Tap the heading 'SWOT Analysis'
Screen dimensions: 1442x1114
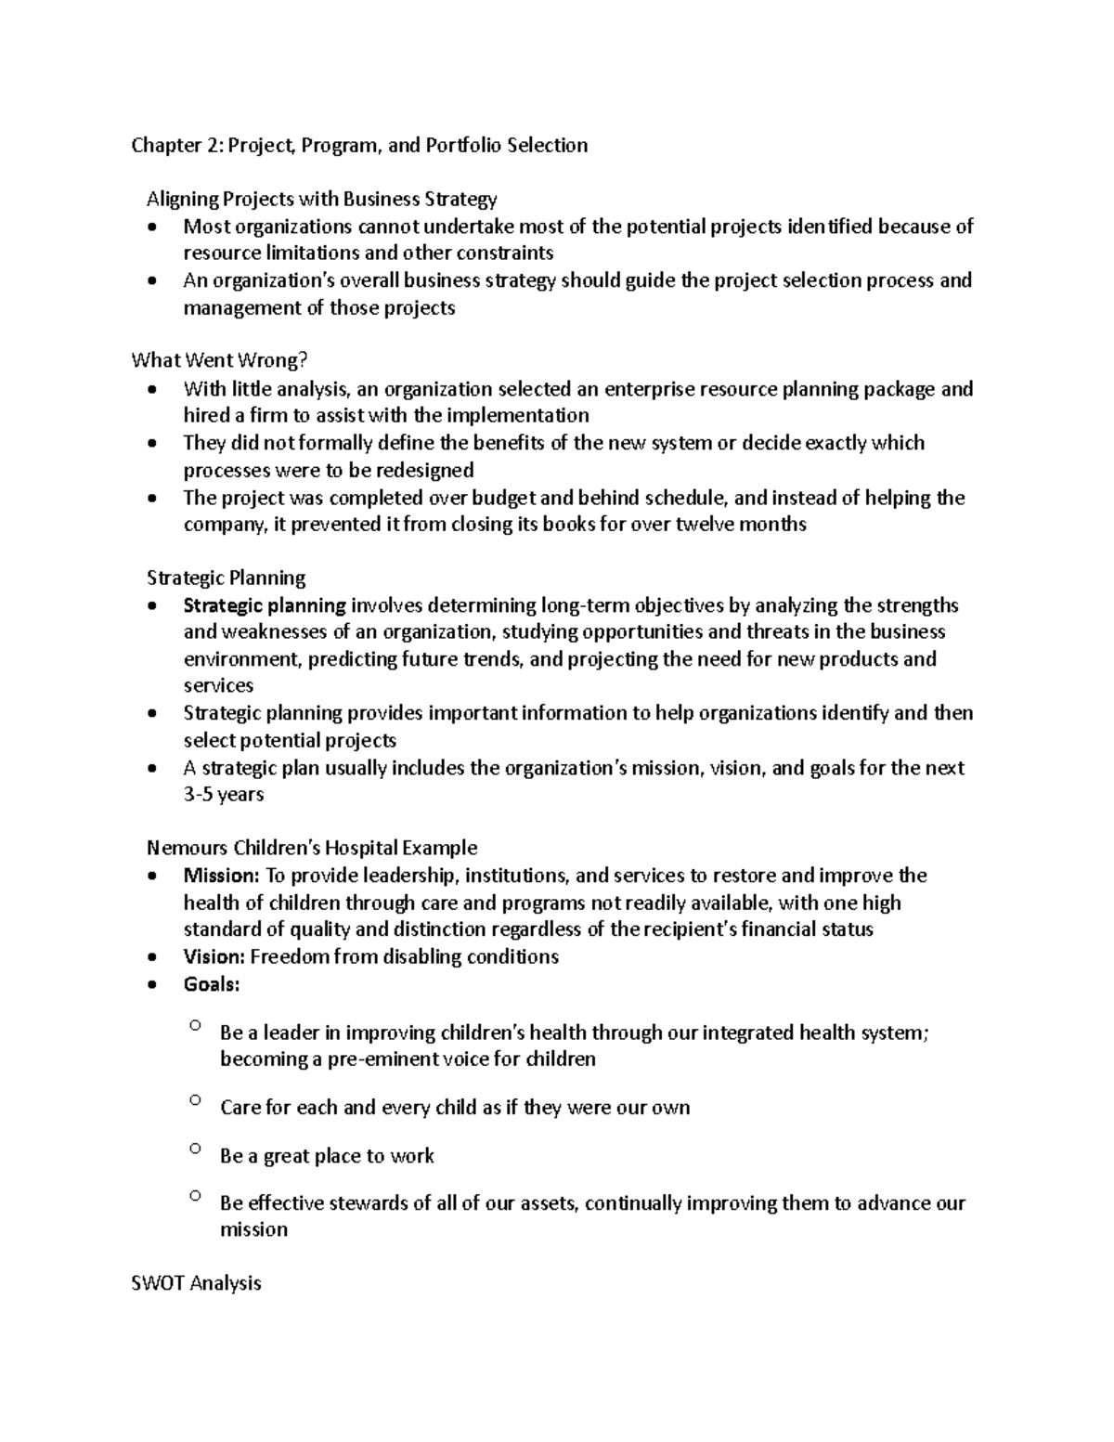[x=196, y=1283]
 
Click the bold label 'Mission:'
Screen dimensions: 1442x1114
[x=222, y=876]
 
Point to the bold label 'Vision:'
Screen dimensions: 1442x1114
[x=214, y=957]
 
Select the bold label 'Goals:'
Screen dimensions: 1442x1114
[x=212, y=984]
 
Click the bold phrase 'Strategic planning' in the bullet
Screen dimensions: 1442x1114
[x=265, y=606]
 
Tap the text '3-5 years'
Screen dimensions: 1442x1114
[x=224, y=795]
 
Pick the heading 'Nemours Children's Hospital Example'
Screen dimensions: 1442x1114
[x=312, y=848]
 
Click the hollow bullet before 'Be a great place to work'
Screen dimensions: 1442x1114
[x=194, y=1149]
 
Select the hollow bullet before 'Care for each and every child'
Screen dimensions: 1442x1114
[x=194, y=1100]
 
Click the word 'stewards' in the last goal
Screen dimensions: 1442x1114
[x=369, y=1203]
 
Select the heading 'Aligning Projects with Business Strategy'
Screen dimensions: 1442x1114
[x=321, y=199]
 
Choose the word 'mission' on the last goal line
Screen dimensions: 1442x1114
[x=253, y=1230]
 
